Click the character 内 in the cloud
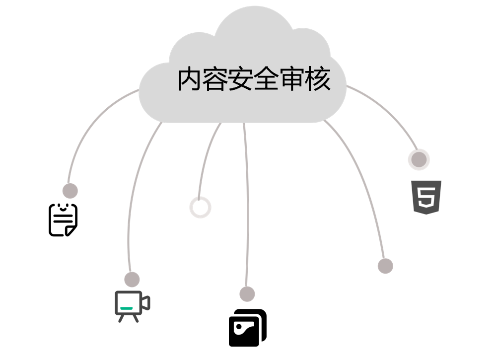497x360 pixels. click(x=189, y=78)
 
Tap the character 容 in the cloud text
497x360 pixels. click(x=215, y=78)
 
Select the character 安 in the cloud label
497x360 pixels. click(x=241, y=78)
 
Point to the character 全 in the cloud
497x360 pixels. click(x=267, y=78)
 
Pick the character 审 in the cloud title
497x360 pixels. click(x=292, y=78)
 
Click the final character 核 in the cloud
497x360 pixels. click(x=318, y=78)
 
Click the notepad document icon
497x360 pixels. click(x=63, y=220)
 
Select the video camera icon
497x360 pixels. click(x=133, y=306)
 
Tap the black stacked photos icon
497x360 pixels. click(x=248, y=328)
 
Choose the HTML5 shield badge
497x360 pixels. click(x=426, y=197)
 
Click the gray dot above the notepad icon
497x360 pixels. click(x=70, y=191)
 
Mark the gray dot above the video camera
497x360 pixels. click(x=132, y=280)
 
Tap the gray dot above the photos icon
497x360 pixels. click(x=247, y=294)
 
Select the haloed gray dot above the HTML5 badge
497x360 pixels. click(x=419, y=159)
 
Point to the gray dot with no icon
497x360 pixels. click(x=385, y=266)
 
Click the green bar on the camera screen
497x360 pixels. click(x=127, y=308)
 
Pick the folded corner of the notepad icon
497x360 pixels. click(x=71, y=230)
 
